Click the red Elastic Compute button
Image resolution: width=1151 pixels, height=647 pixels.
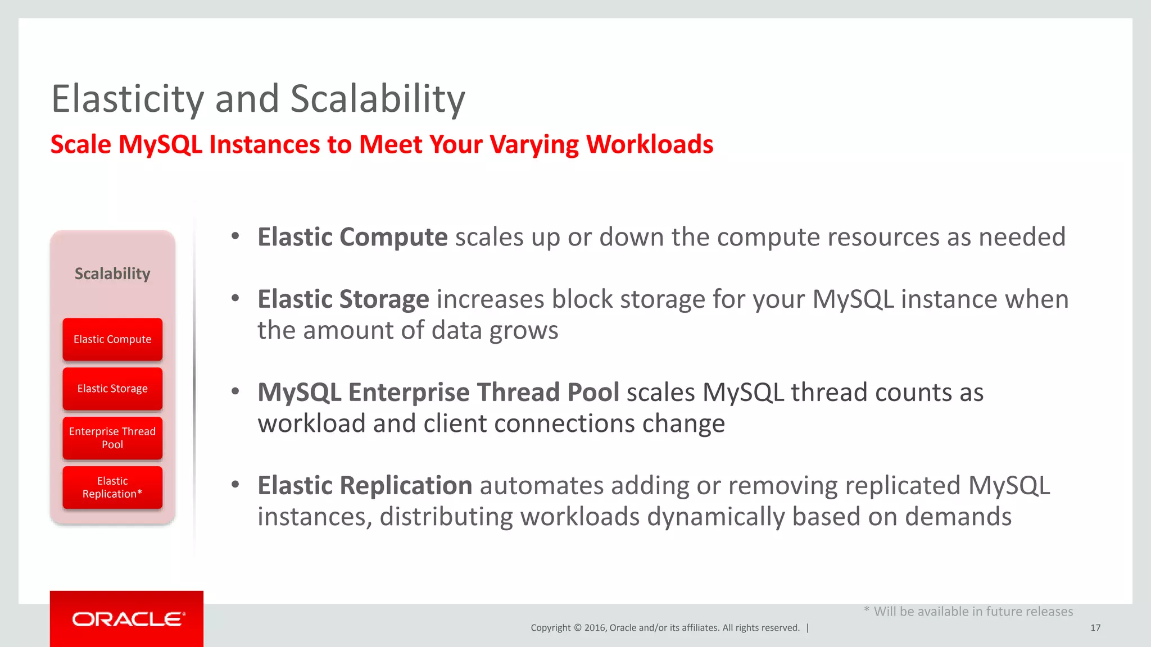point(112,339)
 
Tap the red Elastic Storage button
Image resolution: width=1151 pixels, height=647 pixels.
point(112,389)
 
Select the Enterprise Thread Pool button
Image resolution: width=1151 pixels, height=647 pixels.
point(112,438)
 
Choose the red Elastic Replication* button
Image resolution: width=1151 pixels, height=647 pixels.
point(112,487)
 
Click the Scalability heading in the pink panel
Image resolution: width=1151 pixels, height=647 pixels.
point(112,274)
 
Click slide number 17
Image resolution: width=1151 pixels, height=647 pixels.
point(1095,628)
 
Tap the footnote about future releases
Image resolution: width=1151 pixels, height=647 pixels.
point(968,612)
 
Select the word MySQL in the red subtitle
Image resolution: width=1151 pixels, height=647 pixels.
point(160,145)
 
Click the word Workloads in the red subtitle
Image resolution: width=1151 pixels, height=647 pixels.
point(649,145)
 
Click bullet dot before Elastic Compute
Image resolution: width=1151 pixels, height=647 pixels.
point(235,236)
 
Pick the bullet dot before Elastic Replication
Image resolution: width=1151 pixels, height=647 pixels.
point(235,485)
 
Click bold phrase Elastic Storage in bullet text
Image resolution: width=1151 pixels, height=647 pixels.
point(343,299)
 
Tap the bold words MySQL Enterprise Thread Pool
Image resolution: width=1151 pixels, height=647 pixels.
point(438,393)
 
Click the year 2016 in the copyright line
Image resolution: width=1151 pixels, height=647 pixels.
point(595,628)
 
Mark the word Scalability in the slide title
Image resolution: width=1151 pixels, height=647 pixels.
point(378,99)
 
